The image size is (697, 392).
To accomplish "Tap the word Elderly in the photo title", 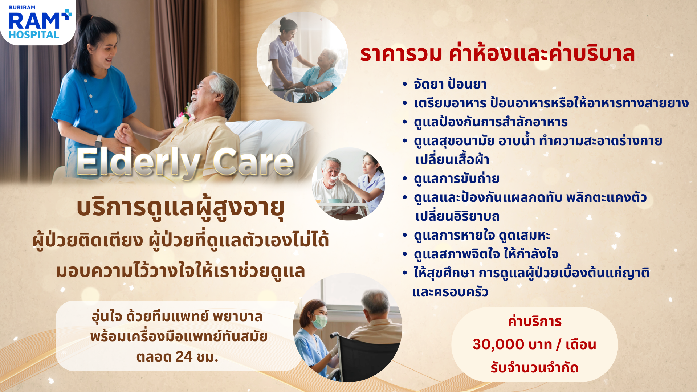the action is click(x=138, y=163).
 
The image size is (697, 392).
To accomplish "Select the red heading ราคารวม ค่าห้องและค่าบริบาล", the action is click(x=497, y=53).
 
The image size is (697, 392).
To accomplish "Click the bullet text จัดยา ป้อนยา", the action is click(x=450, y=84).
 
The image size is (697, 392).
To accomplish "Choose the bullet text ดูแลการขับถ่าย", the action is click(x=456, y=179).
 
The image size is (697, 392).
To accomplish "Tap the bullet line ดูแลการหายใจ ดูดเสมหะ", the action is click(x=482, y=235).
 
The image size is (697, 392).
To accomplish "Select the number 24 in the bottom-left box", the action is click(x=184, y=357).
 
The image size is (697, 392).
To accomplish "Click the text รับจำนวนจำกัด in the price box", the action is click(x=534, y=368).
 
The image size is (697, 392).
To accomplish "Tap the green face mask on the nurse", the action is click(x=319, y=321).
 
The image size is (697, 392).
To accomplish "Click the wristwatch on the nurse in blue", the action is click(x=98, y=141).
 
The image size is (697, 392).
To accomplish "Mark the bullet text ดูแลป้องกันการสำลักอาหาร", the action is click(x=491, y=122).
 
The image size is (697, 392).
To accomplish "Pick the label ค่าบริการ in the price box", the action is click(x=535, y=321).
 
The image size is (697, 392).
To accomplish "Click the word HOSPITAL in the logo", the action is click(x=34, y=35).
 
